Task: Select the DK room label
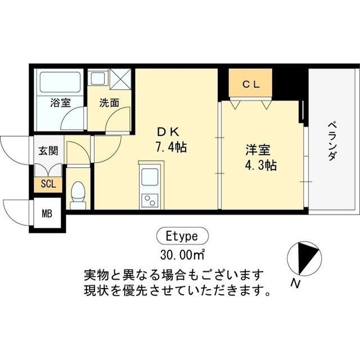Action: (168, 132)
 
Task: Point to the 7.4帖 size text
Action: (171, 148)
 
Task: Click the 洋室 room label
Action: (258, 150)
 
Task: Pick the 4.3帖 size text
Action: (260, 166)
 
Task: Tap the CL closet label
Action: (250, 84)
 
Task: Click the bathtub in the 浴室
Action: (60, 82)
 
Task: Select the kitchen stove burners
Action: (151, 200)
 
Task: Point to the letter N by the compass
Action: (294, 284)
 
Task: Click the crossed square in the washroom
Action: (120, 78)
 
